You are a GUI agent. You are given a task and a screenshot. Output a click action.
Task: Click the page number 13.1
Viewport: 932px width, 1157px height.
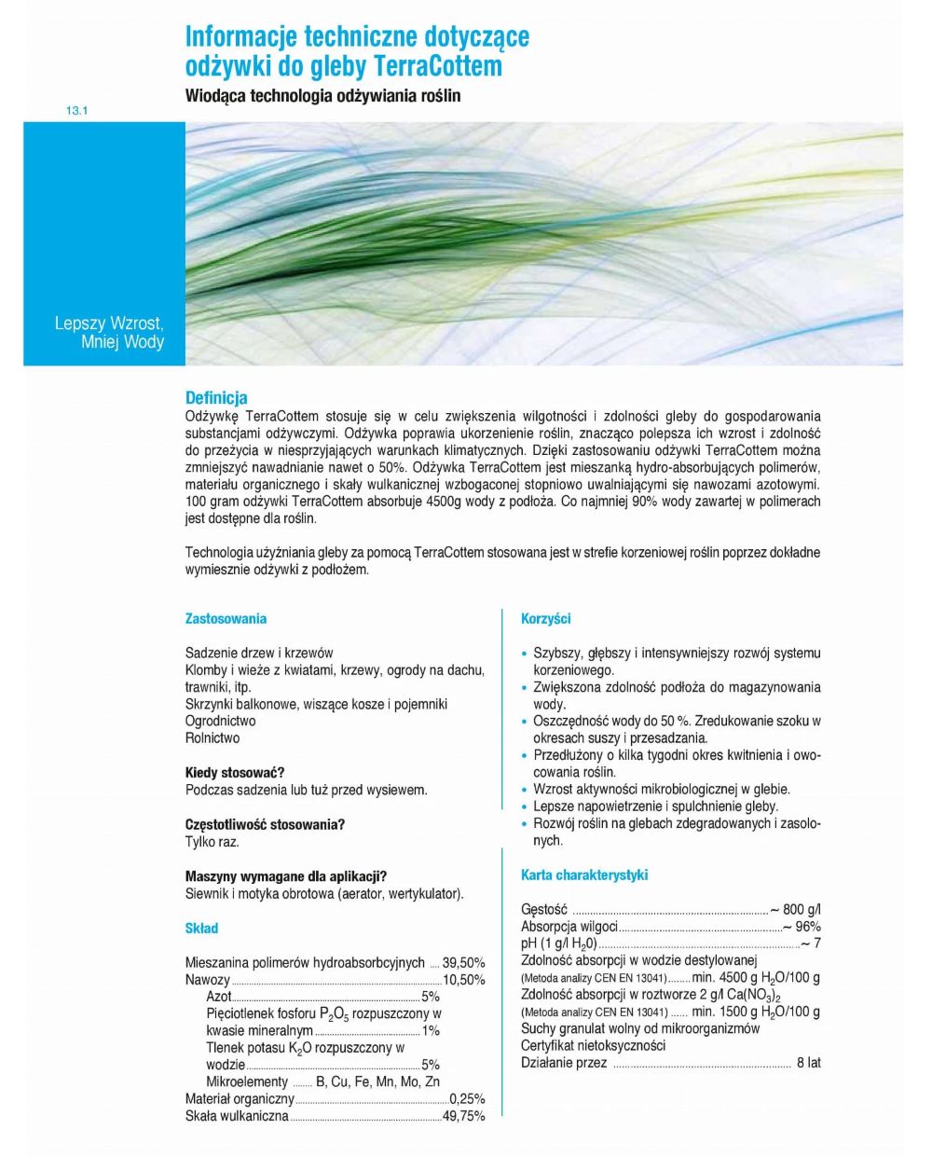click(x=75, y=111)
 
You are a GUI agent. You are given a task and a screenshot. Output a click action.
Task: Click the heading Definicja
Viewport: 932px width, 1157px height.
click(x=216, y=398)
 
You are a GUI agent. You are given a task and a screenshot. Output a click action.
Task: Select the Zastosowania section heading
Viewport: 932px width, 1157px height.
click(x=226, y=619)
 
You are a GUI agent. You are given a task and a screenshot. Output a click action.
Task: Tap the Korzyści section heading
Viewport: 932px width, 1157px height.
click(x=546, y=619)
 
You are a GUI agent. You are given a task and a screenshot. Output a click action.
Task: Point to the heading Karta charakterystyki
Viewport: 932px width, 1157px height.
click(x=584, y=875)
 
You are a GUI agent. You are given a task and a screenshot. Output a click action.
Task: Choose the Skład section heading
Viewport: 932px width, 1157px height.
click(x=201, y=929)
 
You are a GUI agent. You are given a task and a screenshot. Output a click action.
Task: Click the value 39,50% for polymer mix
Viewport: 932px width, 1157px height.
click(x=463, y=963)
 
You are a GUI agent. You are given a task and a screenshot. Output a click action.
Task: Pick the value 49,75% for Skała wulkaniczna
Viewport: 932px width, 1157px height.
click(x=463, y=1116)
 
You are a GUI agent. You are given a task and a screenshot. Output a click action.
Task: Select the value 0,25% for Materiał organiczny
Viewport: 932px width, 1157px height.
click(x=467, y=1099)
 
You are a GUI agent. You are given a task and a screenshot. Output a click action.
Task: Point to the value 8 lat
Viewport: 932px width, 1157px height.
click(x=808, y=1063)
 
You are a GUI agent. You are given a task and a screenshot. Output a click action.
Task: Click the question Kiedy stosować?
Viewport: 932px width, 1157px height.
click(x=235, y=773)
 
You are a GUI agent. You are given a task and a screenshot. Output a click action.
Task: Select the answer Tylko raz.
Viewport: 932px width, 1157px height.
click(x=212, y=842)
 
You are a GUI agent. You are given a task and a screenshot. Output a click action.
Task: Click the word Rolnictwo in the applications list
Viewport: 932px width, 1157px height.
click(x=212, y=738)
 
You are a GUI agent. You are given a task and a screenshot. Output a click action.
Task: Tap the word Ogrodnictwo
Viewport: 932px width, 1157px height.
click(x=220, y=721)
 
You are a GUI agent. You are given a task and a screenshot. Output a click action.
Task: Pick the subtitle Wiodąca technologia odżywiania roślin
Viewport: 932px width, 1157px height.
click(x=322, y=96)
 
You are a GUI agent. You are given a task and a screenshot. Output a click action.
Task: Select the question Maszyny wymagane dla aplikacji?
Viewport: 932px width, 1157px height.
click(x=286, y=876)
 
